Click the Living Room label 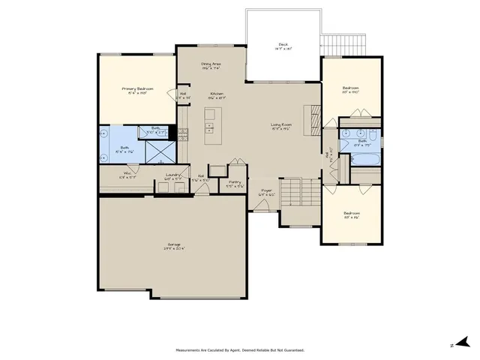coord(282,127)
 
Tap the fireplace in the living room coord(313,118)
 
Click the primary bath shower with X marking coord(159,151)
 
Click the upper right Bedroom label coord(351,91)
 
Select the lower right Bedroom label coord(351,215)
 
